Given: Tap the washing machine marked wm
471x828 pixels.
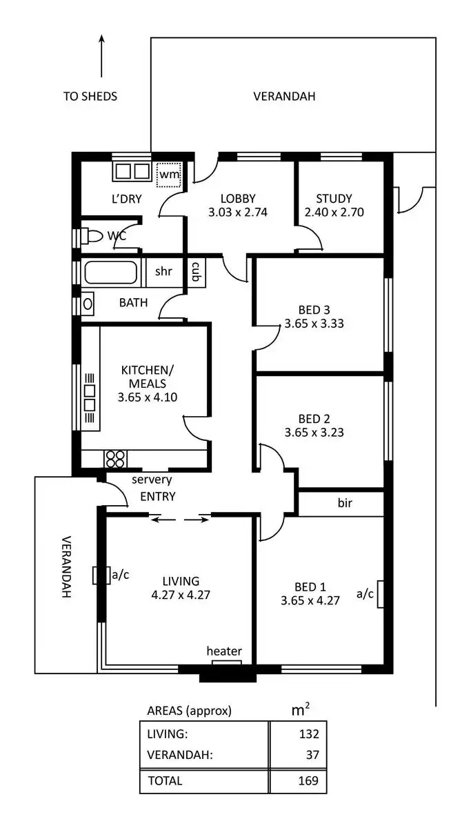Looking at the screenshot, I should click(x=169, y=173).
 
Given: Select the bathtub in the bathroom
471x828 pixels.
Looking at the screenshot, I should click(x=111, y=273).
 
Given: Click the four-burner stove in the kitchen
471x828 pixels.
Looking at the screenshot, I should click(x=114, y=459).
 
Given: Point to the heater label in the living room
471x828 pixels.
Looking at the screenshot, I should click(x=224, y=651).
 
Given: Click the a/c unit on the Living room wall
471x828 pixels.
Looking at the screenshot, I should click(x=99, y=575).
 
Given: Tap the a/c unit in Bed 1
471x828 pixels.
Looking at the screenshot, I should click(x=379, y=593).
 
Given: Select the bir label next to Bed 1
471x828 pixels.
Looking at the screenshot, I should click(x=345, y=504).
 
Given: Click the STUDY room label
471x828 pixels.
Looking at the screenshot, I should click(x=334, y=199).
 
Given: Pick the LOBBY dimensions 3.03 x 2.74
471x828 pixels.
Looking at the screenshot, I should click(x=237, y=213).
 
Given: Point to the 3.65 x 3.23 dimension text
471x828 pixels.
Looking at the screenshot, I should click(x=314, y=433).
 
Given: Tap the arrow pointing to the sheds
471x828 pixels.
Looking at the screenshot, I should click(x=102, y=55).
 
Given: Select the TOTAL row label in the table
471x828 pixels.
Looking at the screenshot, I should click(x=165, y=781).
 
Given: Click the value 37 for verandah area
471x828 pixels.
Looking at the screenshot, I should click(x=312, y=756).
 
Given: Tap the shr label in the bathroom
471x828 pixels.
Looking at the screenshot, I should click(x=163, y=271).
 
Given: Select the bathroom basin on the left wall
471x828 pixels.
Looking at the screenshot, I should click(x=88, y=302).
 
